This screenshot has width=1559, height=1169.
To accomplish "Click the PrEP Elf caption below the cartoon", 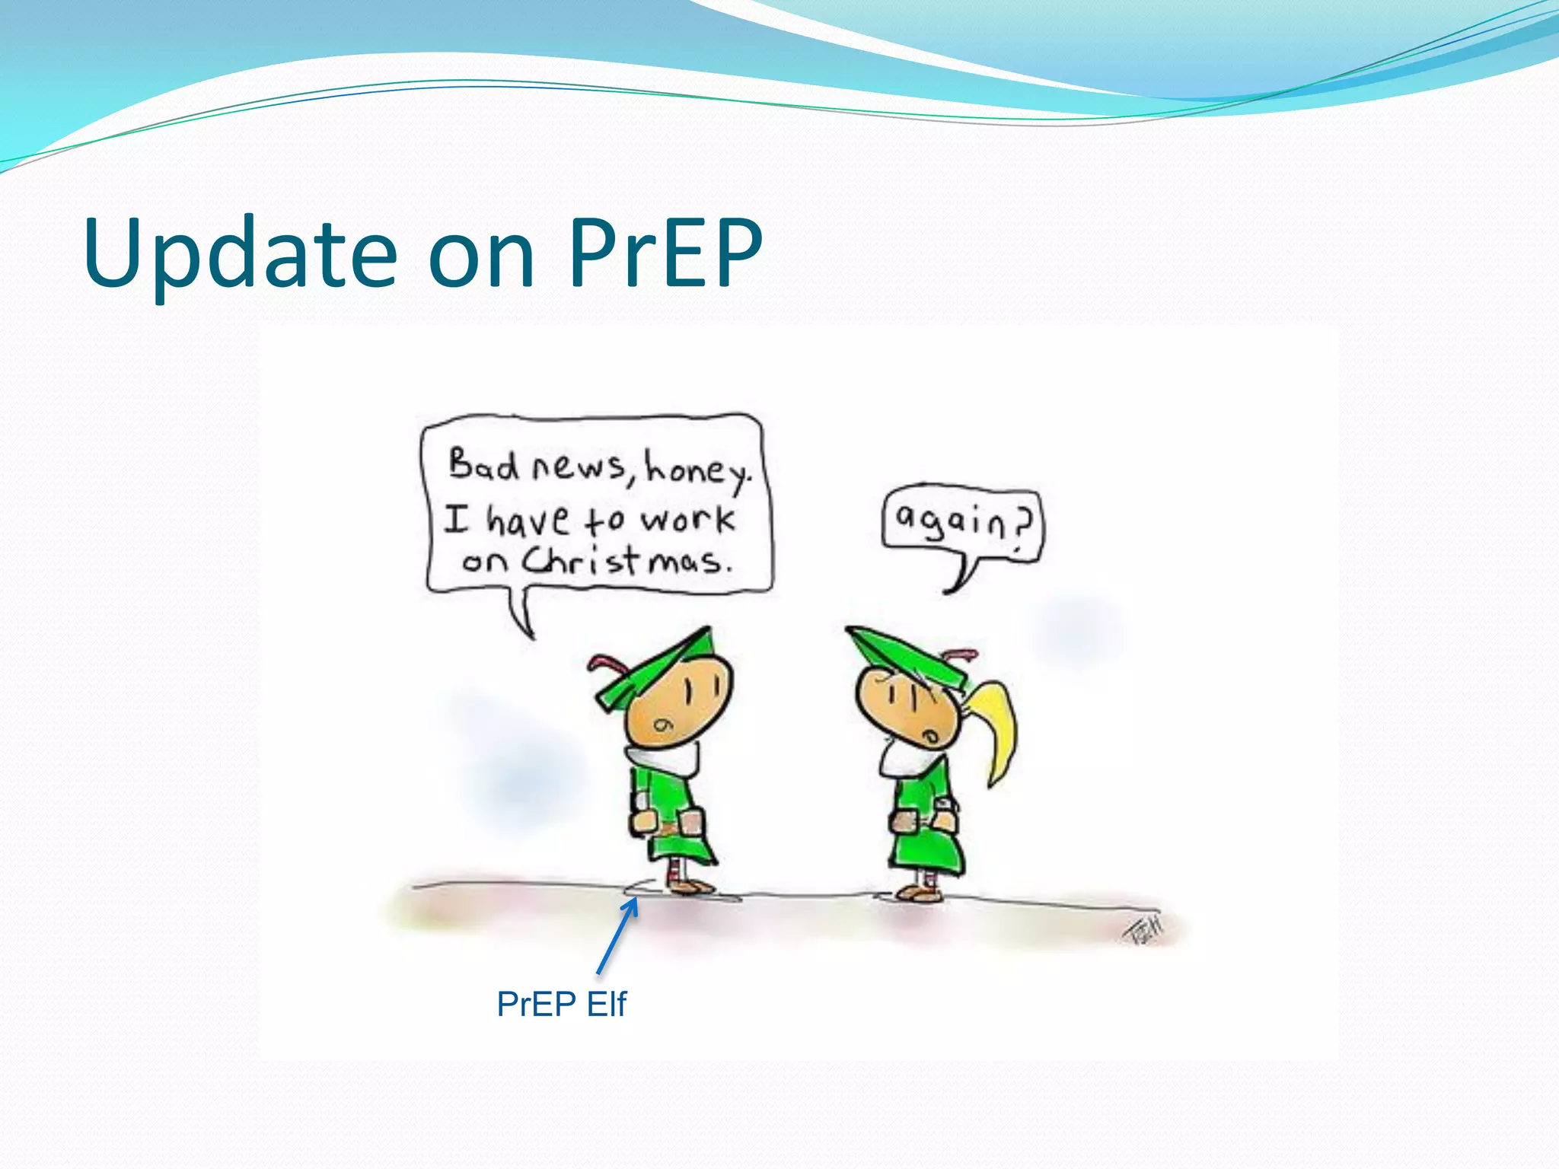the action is (x=561, y=1004).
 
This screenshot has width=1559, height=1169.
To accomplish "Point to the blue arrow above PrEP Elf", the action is (x=617, y=936).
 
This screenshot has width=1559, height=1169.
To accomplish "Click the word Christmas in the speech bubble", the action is (x=629, y=562).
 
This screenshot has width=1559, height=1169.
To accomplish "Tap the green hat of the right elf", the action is (x=906, y=655).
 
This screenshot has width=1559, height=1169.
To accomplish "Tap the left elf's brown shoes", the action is (x=690, y=886).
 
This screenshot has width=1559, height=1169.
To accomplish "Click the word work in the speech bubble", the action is (x=687, y=520).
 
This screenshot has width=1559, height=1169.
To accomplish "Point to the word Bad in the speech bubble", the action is (x=483, y=464).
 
